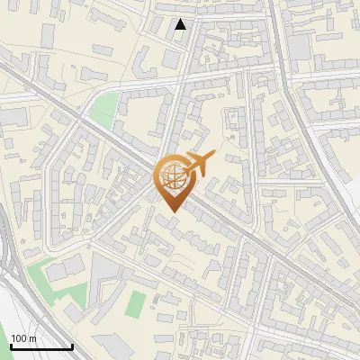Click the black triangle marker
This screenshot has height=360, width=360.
click(181, 24)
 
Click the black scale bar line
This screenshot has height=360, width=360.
click(40, 346)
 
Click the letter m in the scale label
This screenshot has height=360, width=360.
click(33, 338)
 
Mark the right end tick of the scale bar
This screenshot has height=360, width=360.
click(72, 345)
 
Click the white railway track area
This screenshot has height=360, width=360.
click(18, 306)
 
